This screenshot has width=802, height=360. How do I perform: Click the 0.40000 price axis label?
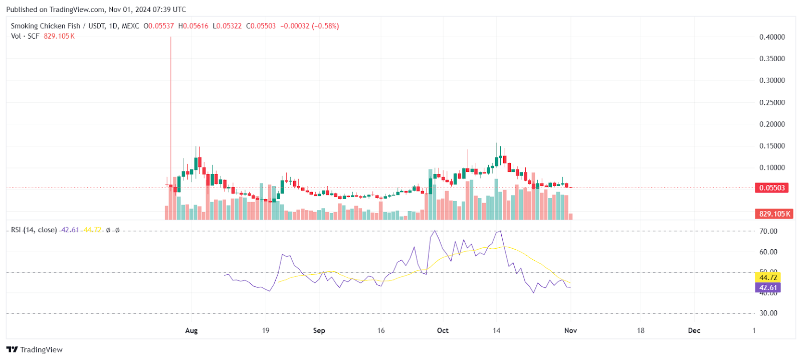(x=772, y=37)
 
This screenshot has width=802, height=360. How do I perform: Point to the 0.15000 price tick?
(x=772, y=146)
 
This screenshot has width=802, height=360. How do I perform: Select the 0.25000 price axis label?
(x=772, y=102)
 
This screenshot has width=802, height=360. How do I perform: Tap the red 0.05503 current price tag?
(x=772, y=188)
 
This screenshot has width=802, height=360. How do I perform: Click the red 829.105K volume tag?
(x=774, y=214)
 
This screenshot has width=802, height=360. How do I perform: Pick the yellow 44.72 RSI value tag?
(x=768, y=278)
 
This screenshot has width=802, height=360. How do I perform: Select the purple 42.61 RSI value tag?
(x=768, y=288)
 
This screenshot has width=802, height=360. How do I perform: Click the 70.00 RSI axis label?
(x=768, y=231)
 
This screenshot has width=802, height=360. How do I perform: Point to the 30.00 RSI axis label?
(x=768, y=313)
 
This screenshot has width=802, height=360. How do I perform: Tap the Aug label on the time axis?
(x=191, y=331)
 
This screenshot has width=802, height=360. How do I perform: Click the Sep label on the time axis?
(x=319, y=331)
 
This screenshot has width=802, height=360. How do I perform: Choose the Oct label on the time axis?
(x=443, y=331)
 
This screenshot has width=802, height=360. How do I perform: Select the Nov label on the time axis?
(x=570, y=331)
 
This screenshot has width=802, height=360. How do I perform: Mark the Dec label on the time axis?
(x=694, y=331)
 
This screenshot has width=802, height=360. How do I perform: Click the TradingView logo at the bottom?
(x=35, y=350)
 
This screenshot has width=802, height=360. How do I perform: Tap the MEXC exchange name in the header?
(x=130, y=26)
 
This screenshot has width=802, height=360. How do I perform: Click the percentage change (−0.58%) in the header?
(x=325, y=26)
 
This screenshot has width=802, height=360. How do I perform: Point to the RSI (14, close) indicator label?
(x=34, y=230)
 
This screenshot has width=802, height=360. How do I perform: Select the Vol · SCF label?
(x=25, y=36)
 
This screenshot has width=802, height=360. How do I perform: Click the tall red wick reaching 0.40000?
(x=170, y=100)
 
